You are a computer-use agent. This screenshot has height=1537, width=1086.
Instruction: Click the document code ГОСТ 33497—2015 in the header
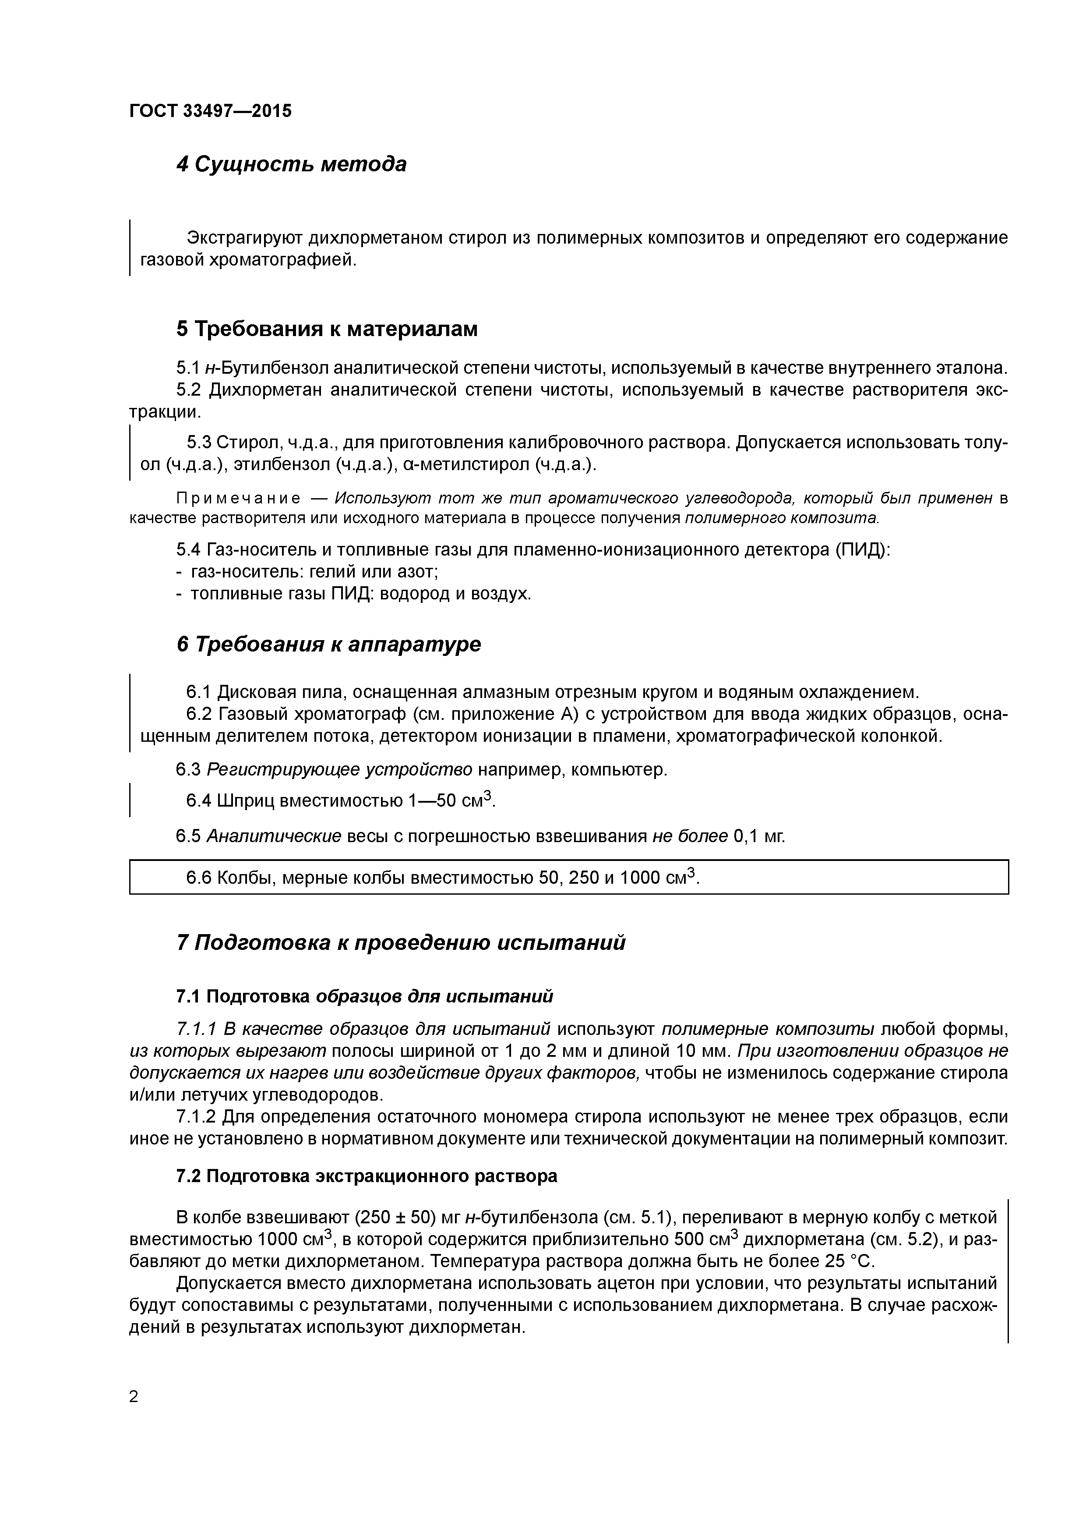click(x=210, y=111)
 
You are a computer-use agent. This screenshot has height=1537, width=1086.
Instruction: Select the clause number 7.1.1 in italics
click(x=197, y=1028)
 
